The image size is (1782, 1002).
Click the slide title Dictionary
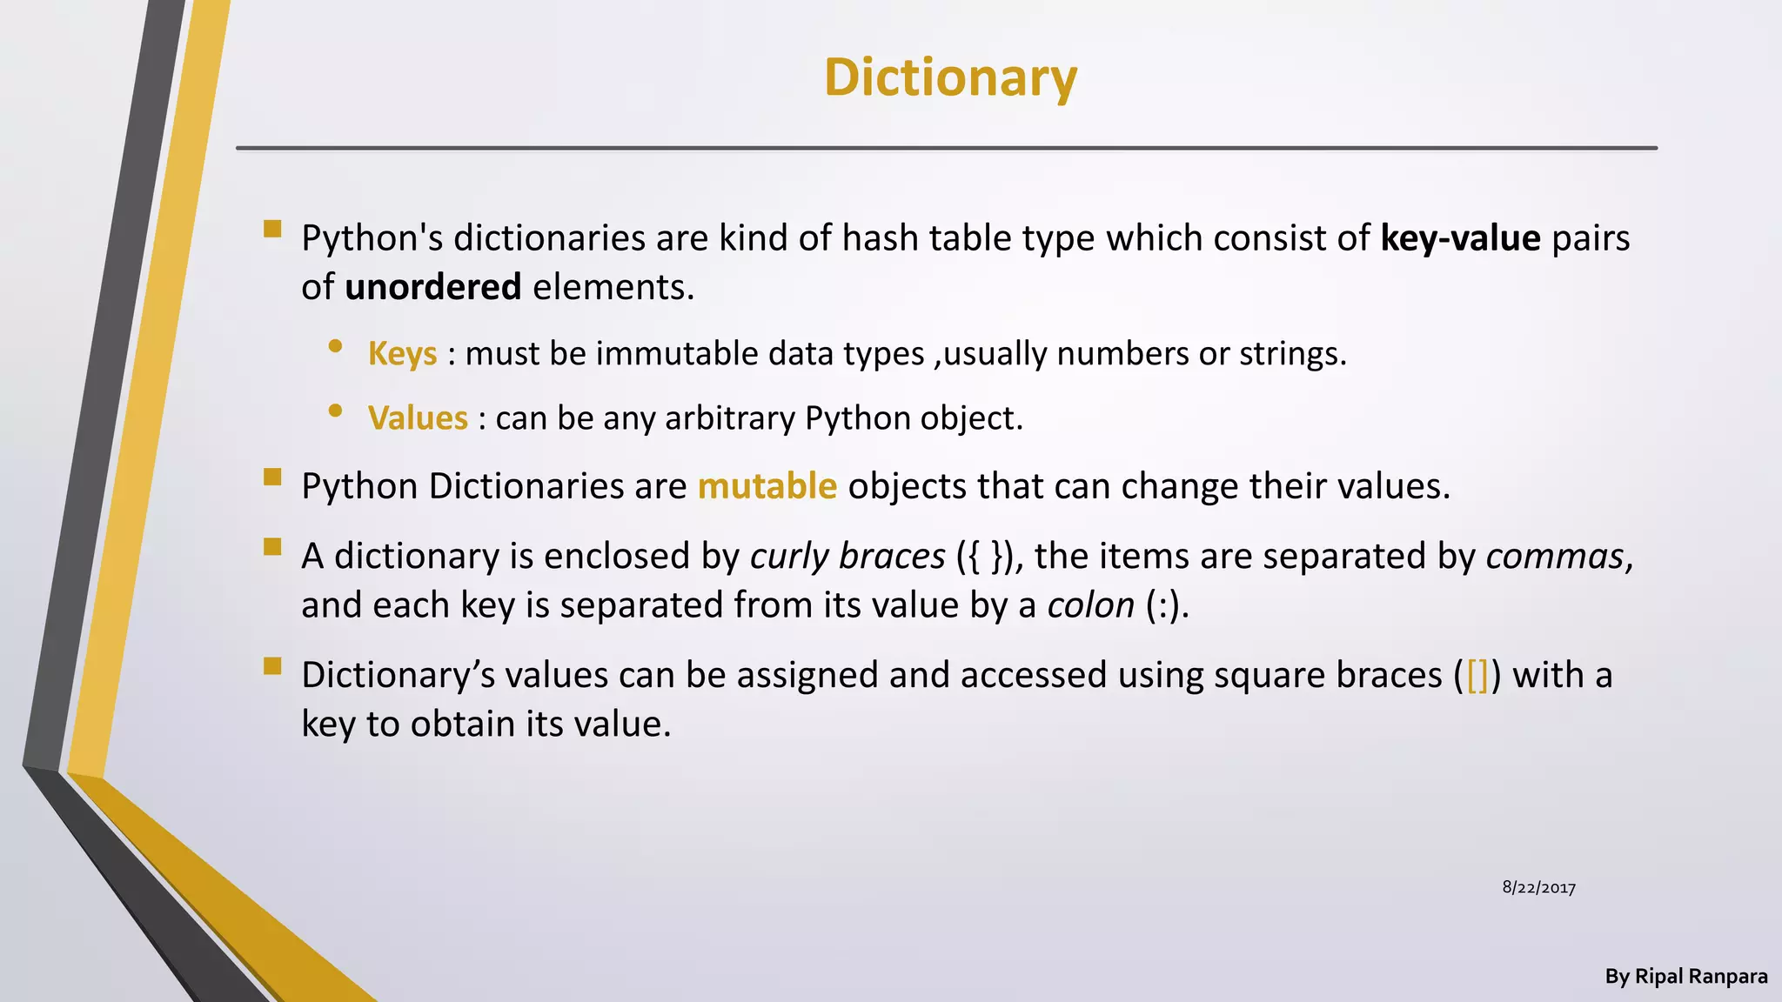(950, 77)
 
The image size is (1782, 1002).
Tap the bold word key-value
(1460, 238)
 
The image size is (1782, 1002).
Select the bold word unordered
(432, 287)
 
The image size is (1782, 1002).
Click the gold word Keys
(402, 354)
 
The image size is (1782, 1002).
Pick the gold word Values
(418, 418)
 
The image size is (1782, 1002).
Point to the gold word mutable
(767, 486)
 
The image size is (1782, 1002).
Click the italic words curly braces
(847, 557)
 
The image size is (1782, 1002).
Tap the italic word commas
(1555, 557)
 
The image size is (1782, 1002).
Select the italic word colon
(1091, 605)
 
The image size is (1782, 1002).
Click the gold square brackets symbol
(1477, 676)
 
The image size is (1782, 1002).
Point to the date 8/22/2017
(1538, 888)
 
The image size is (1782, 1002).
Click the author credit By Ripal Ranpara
(1685, 977)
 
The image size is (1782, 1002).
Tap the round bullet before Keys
(335, 346)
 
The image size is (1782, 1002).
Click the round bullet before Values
(335, 411)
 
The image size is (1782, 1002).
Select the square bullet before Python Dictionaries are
(272, 477)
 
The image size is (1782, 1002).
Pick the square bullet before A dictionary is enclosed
(272, 547)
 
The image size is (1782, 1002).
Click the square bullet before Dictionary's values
(272, 666)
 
